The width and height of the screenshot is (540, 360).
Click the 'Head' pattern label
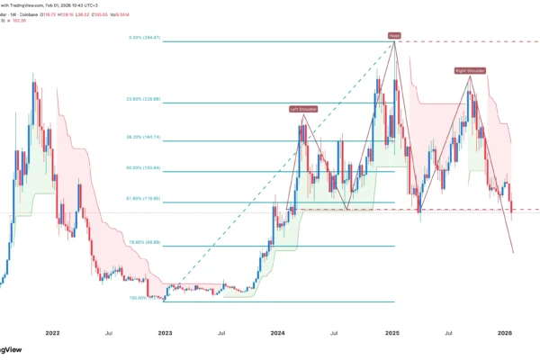coord(394,36)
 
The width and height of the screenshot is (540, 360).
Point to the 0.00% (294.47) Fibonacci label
coord(145,37)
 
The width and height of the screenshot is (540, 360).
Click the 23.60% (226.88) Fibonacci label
coord(144,99)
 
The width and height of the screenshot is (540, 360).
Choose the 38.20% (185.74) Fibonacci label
coord(144,137)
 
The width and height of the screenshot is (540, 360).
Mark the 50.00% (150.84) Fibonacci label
coord(144,169)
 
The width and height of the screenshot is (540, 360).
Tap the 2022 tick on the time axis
coord(52,332)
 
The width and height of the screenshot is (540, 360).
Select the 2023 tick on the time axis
coord(165,332)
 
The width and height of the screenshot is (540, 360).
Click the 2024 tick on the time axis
coord(277,332)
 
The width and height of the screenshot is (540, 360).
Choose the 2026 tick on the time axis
coord(505,332)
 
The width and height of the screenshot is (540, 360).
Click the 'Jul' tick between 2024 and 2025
coord(334,332)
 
